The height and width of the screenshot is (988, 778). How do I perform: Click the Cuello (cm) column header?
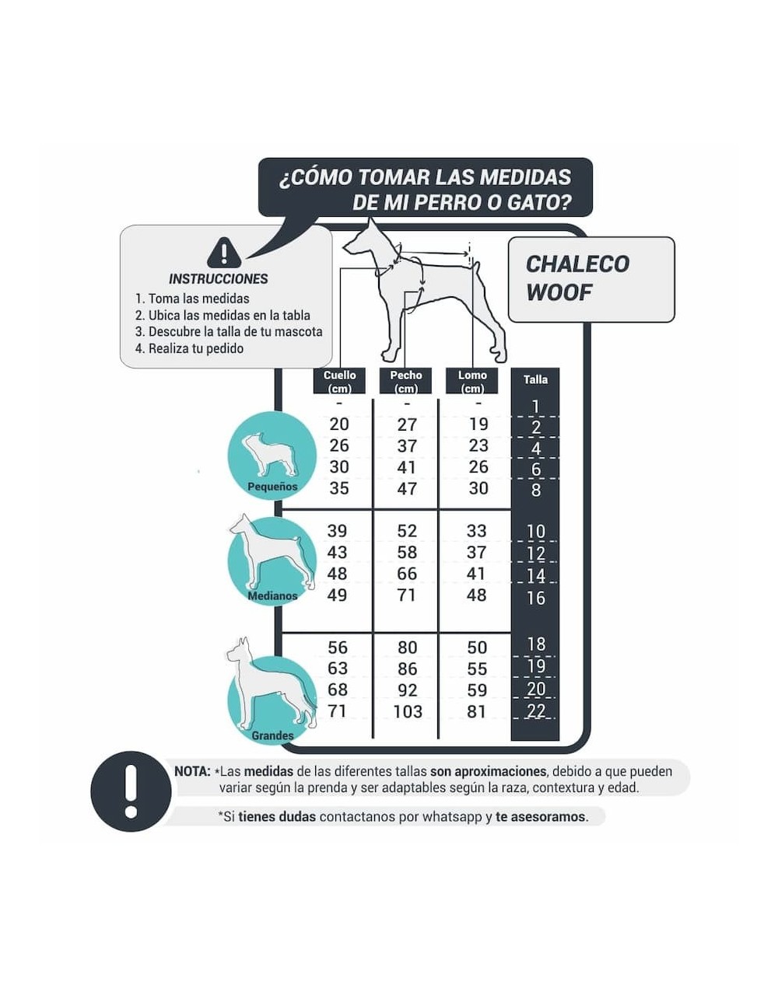click(x=339, y=381)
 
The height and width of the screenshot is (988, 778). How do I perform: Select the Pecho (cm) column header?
click(x=405, y=381)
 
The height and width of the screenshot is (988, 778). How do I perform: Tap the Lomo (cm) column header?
click(x=472, y=381)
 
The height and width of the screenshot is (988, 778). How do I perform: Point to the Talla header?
click(x=535, y=379)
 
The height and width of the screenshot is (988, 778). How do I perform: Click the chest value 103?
click(x=408, y=711)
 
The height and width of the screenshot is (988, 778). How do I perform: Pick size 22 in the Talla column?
click(x=536, y=710)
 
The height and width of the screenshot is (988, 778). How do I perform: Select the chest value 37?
click(x=407, y=445)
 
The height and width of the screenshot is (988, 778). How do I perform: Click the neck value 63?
click(x=338, y=669)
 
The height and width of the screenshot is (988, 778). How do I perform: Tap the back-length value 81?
click(x=477, y=711)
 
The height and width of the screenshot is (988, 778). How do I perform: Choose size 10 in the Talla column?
click(x=536, y=531)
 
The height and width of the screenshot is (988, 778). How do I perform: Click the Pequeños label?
click(x=272, y=487)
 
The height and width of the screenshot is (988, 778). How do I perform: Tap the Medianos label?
click(x=272, y=596)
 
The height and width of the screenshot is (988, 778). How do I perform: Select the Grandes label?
click(x=272, y=735)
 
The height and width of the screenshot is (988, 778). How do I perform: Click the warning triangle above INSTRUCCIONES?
click(x=224, y=253)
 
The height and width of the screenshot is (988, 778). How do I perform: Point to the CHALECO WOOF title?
click(x=577, y=278)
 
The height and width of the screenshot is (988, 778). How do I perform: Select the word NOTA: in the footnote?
click(x=192, y=771)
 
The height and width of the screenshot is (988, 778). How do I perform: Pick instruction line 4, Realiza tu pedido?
click(x=189, y=348)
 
